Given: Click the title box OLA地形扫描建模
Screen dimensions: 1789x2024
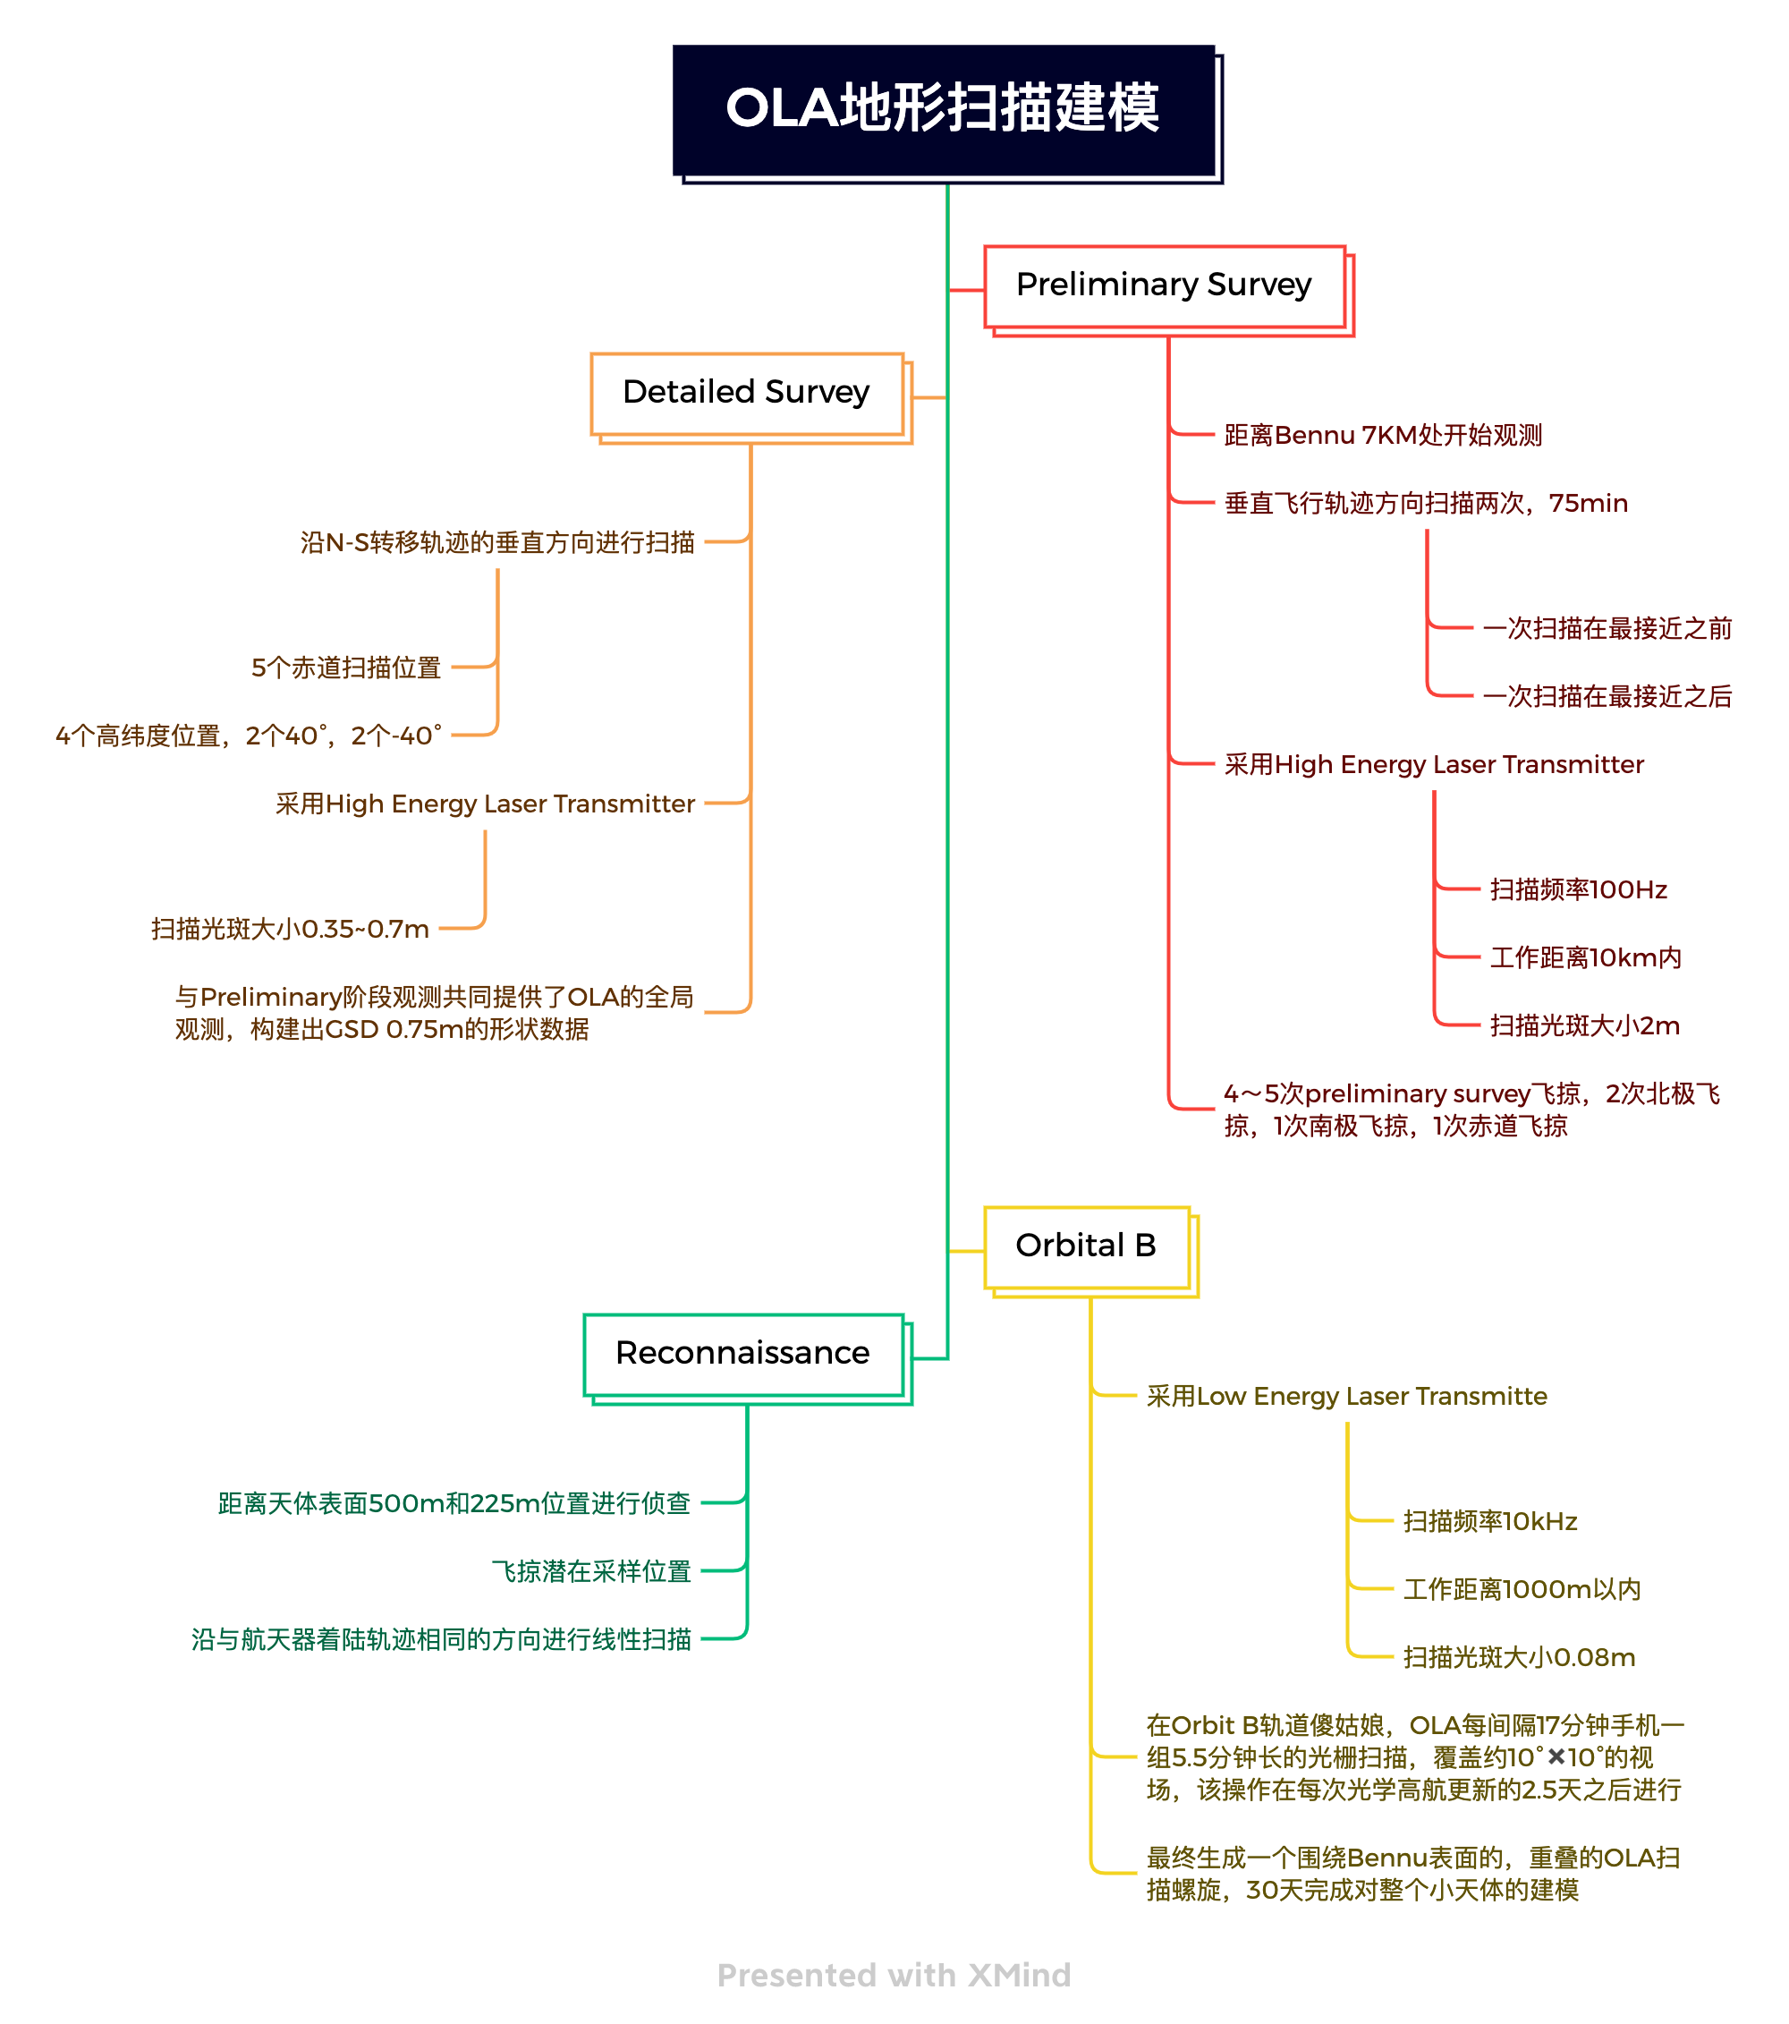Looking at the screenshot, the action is (944, 110).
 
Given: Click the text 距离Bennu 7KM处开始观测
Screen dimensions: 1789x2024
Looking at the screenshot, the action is (1383, 435).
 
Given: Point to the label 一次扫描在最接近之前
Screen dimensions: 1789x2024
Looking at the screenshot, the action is (1607, 628).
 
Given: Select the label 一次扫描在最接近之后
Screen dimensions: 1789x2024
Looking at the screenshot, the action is (1607, 696).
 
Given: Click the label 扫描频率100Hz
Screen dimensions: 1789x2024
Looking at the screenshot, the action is (1578, 889).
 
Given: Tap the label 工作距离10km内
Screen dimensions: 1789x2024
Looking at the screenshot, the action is (1585, 957).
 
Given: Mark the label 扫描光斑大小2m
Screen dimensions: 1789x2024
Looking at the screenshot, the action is (1584, 1025).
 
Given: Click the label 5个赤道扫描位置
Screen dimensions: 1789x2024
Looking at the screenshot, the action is (345, 668).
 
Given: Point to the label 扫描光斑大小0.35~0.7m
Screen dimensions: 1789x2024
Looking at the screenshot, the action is (290, 929).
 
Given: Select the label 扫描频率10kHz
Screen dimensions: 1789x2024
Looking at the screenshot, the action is (1490, 1521).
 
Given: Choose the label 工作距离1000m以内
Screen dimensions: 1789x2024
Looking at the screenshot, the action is (1522, 1589).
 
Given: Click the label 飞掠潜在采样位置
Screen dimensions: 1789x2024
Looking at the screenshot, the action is (591, 1571).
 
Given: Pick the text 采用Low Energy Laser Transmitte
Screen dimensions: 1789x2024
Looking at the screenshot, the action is (1346, 1396).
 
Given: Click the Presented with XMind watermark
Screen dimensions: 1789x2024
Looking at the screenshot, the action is (894, 1976).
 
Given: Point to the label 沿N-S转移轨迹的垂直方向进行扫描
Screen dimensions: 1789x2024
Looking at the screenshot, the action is (497, 542).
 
